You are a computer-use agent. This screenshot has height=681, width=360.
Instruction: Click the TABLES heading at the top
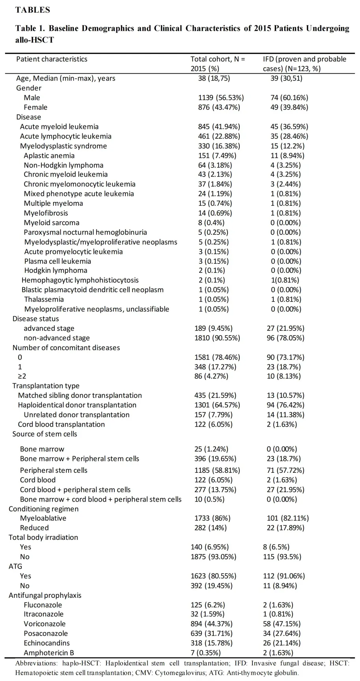coord(33,10)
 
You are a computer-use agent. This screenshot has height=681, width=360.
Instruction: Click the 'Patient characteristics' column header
coord(52,59)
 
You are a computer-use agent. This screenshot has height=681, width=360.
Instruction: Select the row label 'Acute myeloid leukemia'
coord(59,127)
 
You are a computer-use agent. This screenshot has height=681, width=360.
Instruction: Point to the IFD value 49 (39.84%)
coord(289,107)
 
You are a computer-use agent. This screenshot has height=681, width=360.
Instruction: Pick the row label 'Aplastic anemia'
coord(49,155)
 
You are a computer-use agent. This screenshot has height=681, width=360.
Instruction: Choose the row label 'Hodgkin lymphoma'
coord(56,271)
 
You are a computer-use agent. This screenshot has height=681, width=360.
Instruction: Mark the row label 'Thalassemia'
coord(44,299)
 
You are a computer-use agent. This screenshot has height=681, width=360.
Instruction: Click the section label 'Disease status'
coord(35,319)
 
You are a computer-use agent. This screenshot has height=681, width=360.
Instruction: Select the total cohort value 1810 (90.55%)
coord(217,338)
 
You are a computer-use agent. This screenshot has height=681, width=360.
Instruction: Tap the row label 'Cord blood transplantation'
coord(62,424)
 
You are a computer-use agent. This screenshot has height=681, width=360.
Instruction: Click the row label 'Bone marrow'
coord(42,449)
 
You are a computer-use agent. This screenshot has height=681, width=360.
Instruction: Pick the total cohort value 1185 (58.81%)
coord(217,470)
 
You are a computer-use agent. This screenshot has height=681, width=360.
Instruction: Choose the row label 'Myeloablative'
coord(43,518)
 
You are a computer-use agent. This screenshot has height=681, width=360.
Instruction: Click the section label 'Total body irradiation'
coord(43,537)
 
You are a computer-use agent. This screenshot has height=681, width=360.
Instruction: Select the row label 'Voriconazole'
coord(45,624)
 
